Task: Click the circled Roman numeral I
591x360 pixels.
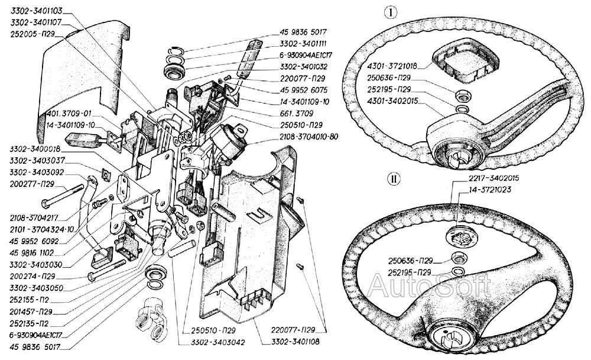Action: [x=391, y=13]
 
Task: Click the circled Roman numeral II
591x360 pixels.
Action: [x=394, y=179]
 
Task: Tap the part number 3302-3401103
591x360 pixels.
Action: [x=37, y=11]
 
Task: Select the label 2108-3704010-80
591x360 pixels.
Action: [x=309, y=137]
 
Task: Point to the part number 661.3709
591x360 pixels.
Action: [x=296, y=113]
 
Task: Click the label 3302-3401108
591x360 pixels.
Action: [x=295, y=342]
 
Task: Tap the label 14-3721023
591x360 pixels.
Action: [x=491, y=190]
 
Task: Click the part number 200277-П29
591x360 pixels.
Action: [x=32, y=184]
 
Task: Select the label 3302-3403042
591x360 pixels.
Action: [x=212, y=342]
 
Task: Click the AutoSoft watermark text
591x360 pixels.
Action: [x=429, y=286]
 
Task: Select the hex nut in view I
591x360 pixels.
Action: [x=462, y=96]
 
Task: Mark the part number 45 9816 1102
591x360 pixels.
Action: [x=32, y=252]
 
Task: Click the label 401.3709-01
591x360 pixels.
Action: [x=69, y=113]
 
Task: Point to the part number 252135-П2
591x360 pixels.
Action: [x=30, y=323]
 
